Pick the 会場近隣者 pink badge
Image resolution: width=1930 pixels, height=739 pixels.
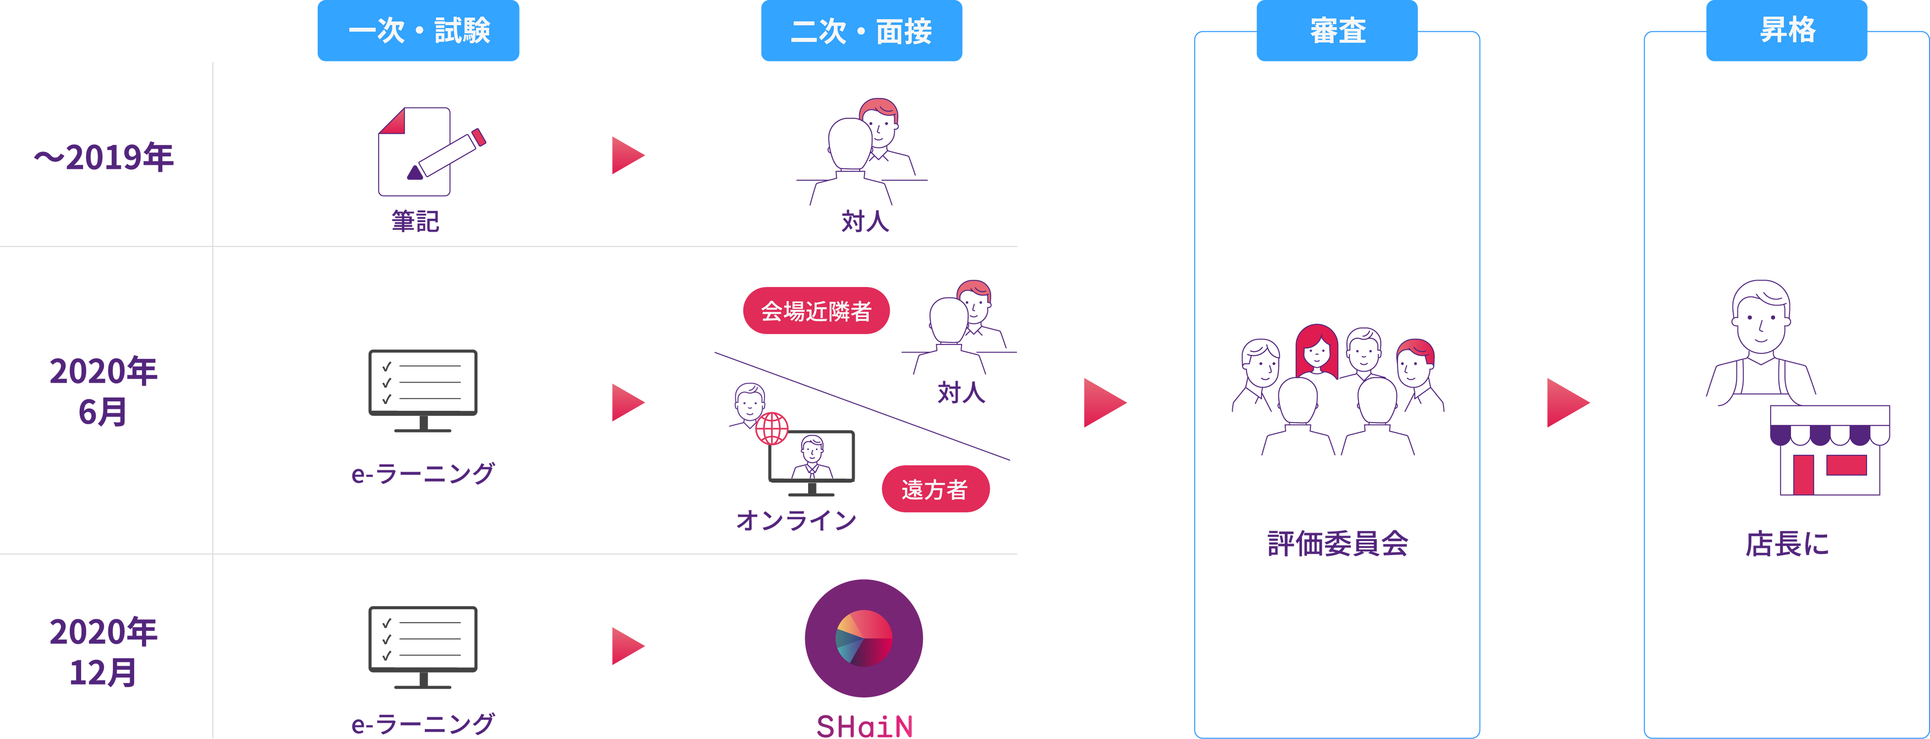816,310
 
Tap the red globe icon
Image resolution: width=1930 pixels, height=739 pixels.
772,428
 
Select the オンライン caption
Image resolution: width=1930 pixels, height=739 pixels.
796,519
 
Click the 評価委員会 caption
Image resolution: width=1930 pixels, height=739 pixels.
1337,543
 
